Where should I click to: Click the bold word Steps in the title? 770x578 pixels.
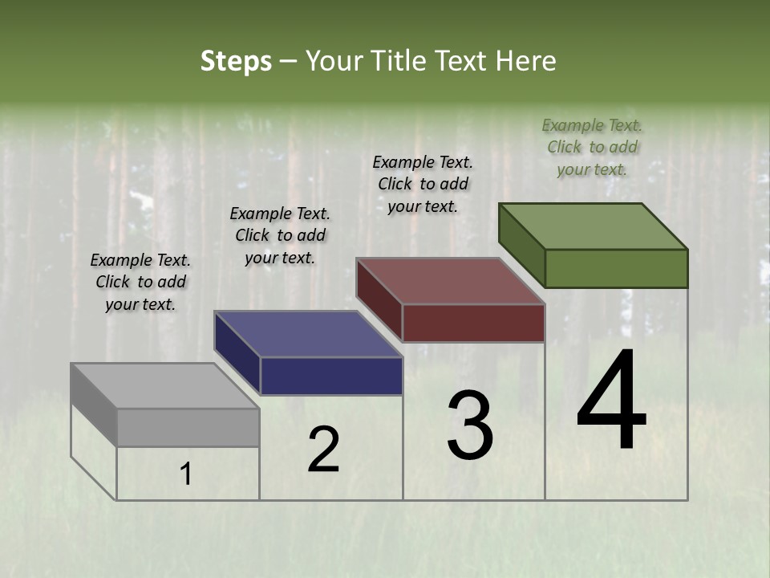(x=235, y=61)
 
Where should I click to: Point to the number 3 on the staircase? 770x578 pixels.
(x=470, y=425)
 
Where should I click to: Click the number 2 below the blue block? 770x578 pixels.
(x=323, y=450)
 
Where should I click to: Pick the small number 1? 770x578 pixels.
(x=186, y=474)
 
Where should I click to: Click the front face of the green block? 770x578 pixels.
(x=616, y=268)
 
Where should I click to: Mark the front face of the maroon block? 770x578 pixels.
(x=473, y=323)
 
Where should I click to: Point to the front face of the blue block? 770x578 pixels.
(x=331, y=376)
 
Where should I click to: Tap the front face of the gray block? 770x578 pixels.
(x=188, y=427)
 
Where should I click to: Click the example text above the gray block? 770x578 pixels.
(x=140, y=282)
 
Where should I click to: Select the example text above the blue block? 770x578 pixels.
(x=280, y=235)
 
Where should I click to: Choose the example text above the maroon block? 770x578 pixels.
(x=423, y=184)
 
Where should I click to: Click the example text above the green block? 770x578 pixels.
(x=592, y=147)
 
